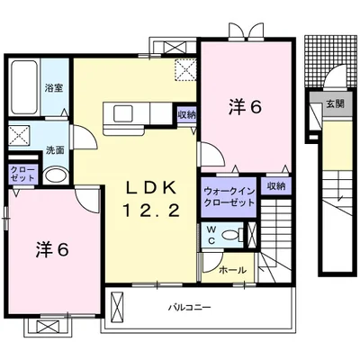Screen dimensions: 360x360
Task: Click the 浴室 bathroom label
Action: click(x=54, y=88)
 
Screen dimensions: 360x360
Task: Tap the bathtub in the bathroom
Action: click(x=24, y=87)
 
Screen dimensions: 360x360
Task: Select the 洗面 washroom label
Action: click(x=55, y=150)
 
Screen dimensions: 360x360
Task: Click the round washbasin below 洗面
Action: click(x=56, y=176)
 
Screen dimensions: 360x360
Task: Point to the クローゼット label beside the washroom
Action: click(x=22, y=173)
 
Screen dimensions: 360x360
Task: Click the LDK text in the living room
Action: click(x=150, y=188)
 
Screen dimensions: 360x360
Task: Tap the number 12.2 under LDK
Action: click(x=150, y=211)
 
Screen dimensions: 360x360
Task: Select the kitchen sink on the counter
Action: click(x=123, y=113)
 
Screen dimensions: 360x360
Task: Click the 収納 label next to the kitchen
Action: click(x=186, y=114)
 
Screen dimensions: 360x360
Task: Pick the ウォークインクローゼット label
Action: click(x=229, y=196)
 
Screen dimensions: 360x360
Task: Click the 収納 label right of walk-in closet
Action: click(x=276, y=186)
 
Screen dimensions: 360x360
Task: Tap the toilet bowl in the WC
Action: click(x=232, y=234)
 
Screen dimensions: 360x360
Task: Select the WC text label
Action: click(x=211, y=235)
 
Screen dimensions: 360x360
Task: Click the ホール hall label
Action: click(x=233, y=270)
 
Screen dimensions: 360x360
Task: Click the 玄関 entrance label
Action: click(x=335, y=103)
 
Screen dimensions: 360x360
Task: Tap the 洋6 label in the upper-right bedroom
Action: click(x=246, y=107)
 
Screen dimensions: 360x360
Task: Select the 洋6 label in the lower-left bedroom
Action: click(x=52, y=249)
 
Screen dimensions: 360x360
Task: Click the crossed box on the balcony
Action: click(x=117, y=307)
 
